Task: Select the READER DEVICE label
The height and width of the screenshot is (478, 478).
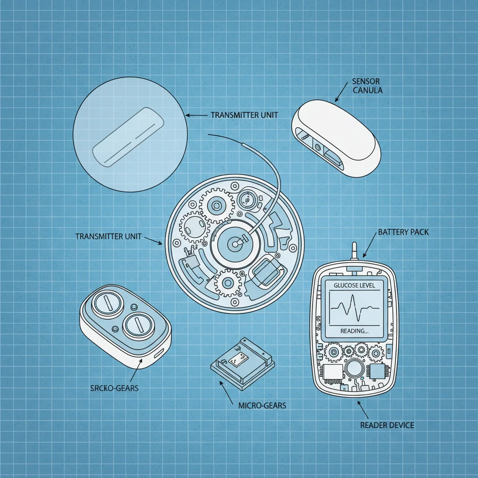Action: pyautogui.click(x=387, y=425)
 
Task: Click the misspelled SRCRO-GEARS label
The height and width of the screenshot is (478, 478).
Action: pyautogui.click(x=114, y=388)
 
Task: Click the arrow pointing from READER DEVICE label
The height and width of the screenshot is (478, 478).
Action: pyautogui.click(x=363, y=409)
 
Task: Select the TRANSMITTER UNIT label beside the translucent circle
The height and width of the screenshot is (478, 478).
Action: pyautogui.click(x=241, y=115)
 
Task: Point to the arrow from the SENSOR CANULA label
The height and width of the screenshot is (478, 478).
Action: pyautogui.click(x=341, y=91)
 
